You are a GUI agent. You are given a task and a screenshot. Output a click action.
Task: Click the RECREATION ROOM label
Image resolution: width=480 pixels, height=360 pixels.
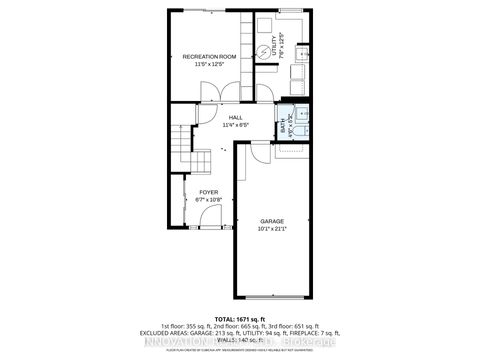208,57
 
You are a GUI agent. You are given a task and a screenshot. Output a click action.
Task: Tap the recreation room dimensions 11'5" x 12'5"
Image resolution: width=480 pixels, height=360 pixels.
208,65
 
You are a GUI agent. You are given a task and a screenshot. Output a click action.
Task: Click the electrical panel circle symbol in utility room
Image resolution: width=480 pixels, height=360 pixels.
264,53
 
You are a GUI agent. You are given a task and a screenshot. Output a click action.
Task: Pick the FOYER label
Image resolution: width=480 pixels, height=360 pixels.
208,191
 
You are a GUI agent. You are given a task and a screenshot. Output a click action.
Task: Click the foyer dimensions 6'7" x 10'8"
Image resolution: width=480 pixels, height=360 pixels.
208,199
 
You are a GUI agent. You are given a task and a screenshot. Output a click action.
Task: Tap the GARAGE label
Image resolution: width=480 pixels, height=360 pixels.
272,221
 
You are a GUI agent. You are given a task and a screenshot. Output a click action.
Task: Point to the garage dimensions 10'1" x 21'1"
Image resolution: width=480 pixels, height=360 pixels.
272,229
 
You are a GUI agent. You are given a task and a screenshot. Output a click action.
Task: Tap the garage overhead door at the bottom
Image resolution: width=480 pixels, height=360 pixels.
273,296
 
